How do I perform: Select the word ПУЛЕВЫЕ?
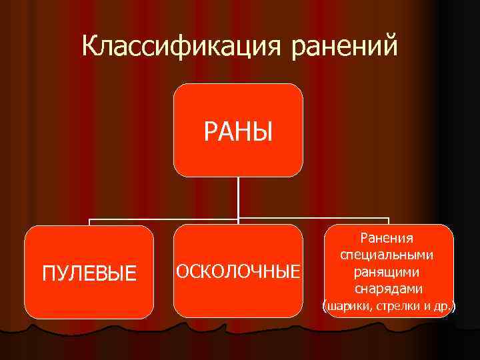(x=89, y=273)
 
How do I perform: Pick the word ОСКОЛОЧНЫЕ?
(x=238, y=272)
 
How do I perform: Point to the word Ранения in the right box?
(x=387, y=238)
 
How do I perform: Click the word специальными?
(x=387, y=255)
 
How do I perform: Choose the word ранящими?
(x=387, y=272)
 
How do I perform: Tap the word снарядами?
(x=387, y=289)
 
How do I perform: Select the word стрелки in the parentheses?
(x=395, y=307)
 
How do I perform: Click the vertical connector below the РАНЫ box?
(x=238, y=197)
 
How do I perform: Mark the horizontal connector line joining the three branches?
(x=167, y=219)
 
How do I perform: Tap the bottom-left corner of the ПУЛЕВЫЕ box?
(x=28, y=315)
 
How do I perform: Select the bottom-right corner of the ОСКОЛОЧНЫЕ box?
(x=299, y=315)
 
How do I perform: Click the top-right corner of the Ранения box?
(x=449, y=229)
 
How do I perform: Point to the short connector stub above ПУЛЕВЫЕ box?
(x=89, y=222)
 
